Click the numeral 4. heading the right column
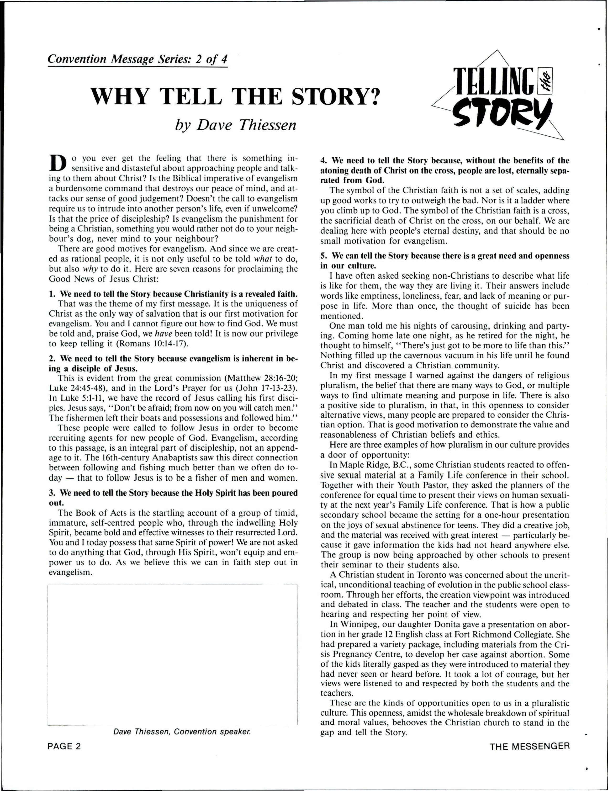323,160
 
